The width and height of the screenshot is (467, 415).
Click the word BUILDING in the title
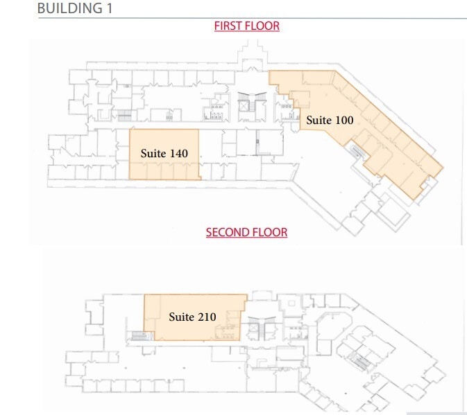[68, 8]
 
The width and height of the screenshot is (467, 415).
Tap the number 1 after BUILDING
[108, 8]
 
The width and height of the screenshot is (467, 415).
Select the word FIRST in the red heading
[228, 26]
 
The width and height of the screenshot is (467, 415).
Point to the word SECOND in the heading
[226, 232]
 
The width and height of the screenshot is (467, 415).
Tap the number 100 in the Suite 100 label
[344, 120]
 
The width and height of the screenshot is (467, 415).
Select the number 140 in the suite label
[178, 153]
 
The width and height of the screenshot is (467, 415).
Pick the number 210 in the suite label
[206, 317]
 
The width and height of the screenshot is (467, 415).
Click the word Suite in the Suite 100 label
[319, 120]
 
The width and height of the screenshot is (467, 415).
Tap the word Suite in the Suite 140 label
[153, 153]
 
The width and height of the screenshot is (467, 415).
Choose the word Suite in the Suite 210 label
[181, 317]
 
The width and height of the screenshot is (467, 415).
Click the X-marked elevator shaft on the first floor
[244, 105]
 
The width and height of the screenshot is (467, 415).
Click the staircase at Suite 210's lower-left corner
[139, 335]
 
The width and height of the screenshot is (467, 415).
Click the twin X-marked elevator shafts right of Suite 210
[253, 328]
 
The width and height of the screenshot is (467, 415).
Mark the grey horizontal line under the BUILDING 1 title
[250, 18]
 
